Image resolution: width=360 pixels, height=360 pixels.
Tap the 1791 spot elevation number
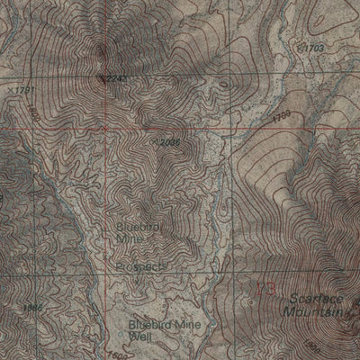[x=24, y=90]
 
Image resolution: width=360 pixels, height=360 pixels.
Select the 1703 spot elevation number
[x=310, y=46]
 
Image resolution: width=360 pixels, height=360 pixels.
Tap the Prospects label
[x=140, y=267]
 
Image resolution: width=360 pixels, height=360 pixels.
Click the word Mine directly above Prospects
[x=131, y=239]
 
